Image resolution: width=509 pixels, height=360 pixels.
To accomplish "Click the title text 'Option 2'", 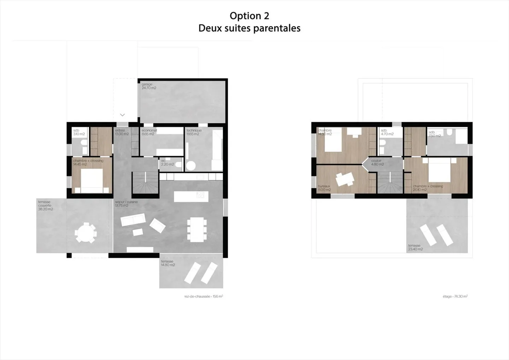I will (x=249, y=16).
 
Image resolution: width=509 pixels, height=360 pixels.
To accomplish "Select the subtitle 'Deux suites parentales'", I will (x=249, y=28).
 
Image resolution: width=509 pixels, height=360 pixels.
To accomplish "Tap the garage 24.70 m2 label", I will (x=148, y=86).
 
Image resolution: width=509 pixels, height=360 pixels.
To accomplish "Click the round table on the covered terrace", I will (x=86, y=233).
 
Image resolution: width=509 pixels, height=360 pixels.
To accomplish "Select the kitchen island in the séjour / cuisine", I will (x=191, y=196).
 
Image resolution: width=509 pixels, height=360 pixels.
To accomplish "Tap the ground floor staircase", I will (x=145, y=183).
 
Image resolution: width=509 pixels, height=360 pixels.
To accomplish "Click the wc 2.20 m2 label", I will (x=167, y=163).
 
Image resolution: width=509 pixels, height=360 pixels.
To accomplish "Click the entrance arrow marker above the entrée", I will (x=122, y=115).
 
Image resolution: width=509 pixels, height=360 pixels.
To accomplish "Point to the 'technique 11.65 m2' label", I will (x=194, y=132).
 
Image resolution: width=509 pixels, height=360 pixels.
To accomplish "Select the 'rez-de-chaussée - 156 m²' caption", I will (x=203, y=296).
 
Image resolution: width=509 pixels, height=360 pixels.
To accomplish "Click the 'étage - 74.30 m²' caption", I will (x=455, y=296).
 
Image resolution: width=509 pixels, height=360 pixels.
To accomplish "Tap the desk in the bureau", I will (x=345, y=179).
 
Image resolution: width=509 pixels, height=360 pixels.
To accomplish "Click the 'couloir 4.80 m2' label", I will (x=377, y=163).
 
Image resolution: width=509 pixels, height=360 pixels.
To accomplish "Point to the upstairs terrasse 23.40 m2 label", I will (x=415, y=247).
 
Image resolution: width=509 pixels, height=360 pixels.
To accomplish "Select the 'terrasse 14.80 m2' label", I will (x=168, y=263).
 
